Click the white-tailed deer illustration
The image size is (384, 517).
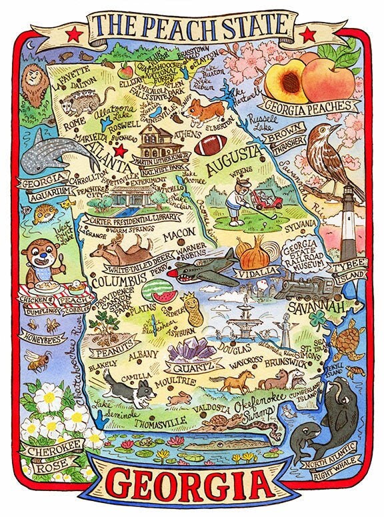tap(120, 252)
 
